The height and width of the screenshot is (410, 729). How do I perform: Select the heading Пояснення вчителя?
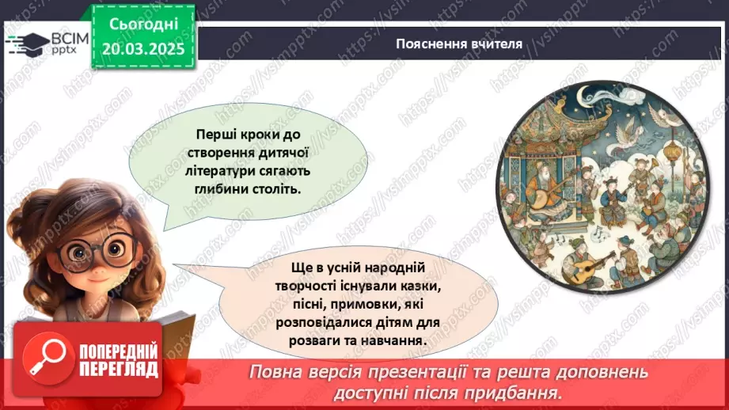[x=459, y=44]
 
